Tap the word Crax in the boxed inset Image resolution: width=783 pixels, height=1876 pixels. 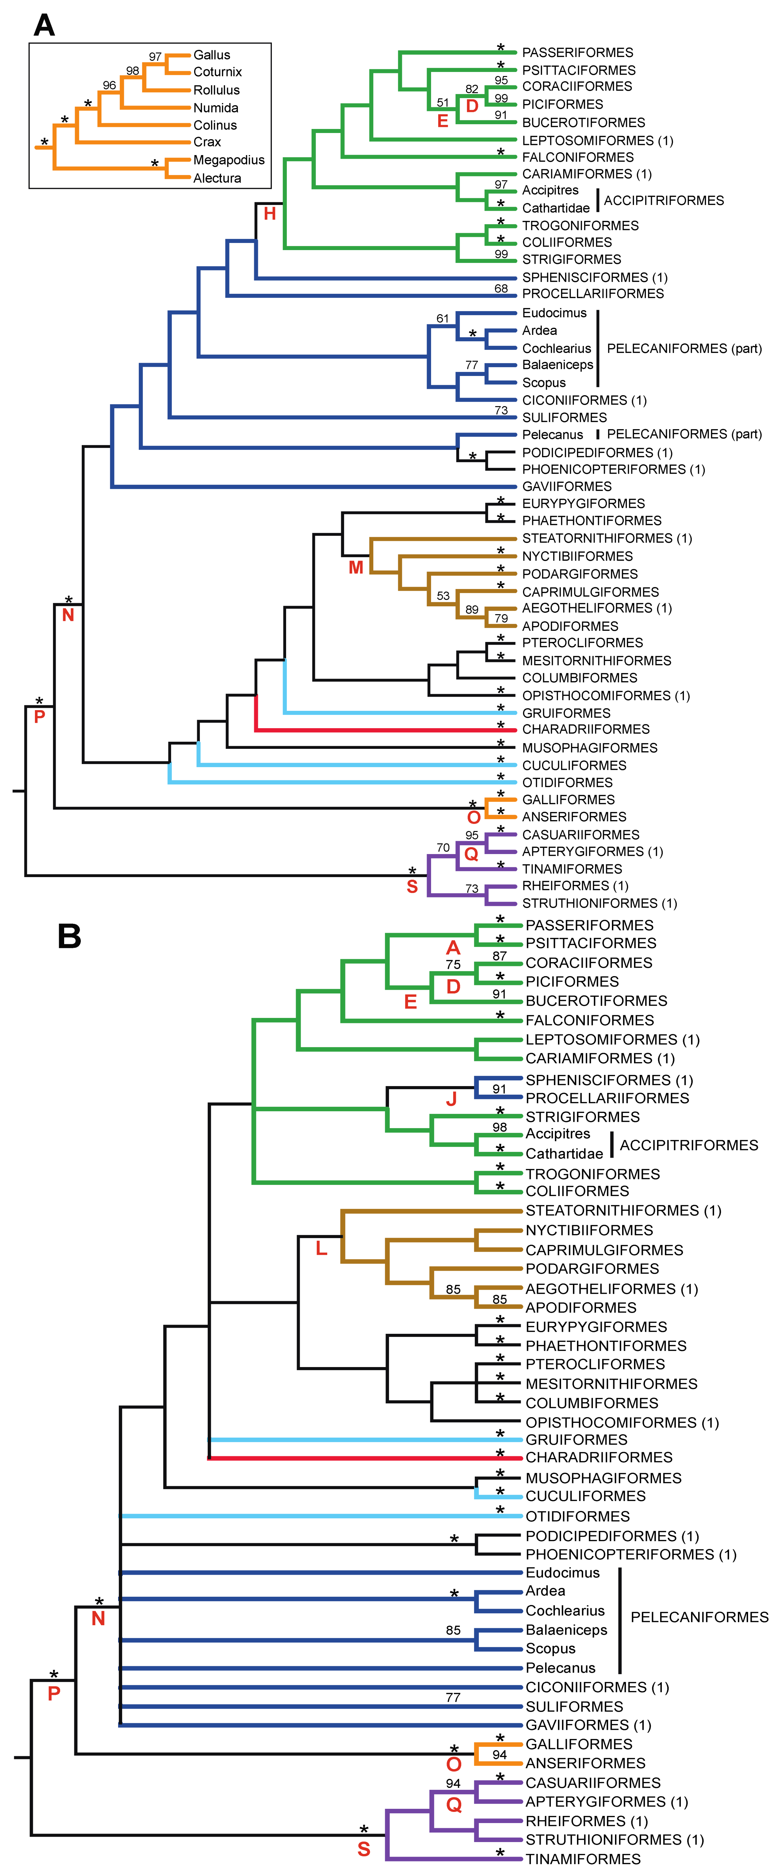pos(207,142)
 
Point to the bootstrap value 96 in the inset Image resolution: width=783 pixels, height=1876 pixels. pos(109,85)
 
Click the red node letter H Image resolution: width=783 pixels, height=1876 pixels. pos(269,213)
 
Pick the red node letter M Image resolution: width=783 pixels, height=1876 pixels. pos(355,567)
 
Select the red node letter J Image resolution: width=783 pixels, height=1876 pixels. pos(452,1099)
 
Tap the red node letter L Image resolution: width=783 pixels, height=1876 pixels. pos(321,1249)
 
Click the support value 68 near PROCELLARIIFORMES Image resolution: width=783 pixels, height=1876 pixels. pos(501,288)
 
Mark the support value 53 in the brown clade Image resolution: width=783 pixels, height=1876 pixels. pos(443,596)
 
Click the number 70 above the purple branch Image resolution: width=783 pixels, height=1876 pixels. pos(443,848)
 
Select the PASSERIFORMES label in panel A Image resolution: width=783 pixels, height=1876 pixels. pos(578,53)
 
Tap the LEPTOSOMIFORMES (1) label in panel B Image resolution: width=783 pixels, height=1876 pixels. pos(612,1039)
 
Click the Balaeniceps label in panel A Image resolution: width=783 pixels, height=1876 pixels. pos(557,365)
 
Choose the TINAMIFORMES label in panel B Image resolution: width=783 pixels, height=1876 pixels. pos(583,1858)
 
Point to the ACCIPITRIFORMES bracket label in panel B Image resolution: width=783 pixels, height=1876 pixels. pos(688,1145)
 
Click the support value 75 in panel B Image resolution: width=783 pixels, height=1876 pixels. pos(453,964)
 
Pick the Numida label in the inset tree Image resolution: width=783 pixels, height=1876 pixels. pos(216,108)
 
